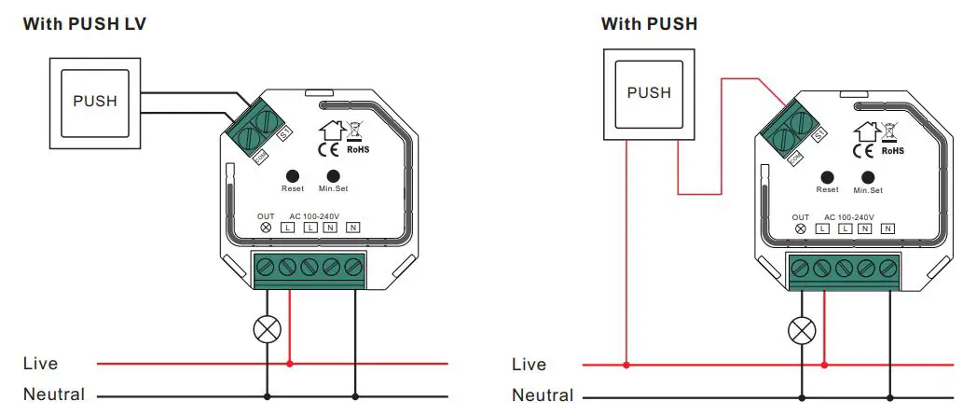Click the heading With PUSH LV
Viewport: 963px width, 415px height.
(x=85, y=23)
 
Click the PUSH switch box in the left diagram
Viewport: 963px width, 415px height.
(x=95, y=101)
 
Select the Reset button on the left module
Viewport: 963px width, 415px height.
(x=292, y=175)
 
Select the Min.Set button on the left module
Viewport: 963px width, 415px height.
(x=333, y=175)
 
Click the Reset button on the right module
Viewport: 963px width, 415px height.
(x=826, y=176)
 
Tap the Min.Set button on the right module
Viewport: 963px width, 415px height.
(x=867, y=176)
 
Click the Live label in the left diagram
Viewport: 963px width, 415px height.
(x=40, y=364)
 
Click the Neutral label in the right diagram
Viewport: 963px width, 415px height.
(x=543, y=395)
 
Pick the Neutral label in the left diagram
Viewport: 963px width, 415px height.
(x=54, y=394)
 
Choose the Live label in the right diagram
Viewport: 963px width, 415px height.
(x=529, y=365)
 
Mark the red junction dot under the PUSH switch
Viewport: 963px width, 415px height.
(x=626, y=365)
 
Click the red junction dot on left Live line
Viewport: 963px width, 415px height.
(x=290, y=364)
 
